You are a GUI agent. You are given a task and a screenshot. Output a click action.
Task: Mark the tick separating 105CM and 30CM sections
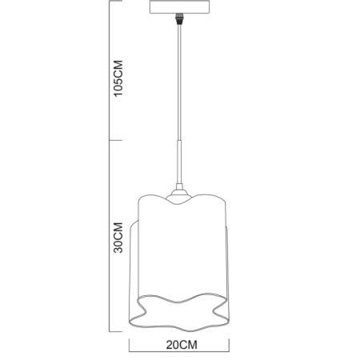coord(109,142)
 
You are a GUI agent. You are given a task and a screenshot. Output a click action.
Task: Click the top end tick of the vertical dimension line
coord(109,2)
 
